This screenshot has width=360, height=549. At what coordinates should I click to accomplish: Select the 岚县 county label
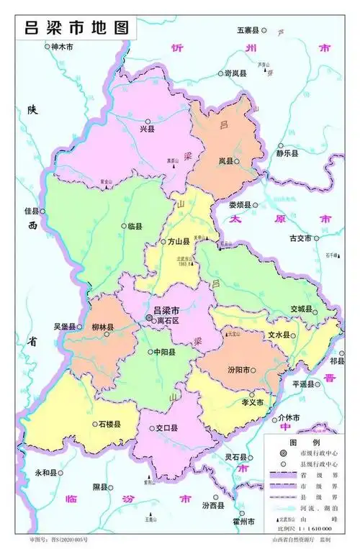pos(226,163)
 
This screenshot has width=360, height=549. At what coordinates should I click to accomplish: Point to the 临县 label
pos(135,226)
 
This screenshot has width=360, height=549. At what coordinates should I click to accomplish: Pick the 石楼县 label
pos(109,424)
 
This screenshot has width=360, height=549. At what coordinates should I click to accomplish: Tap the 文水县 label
pos(279,335)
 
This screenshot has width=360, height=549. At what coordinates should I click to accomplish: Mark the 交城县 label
pos(301,309)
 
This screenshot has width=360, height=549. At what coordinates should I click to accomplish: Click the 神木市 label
pos(63,47)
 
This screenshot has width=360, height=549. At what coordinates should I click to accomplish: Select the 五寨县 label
pos(248,31)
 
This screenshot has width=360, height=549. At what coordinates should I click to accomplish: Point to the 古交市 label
pos(300,238)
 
